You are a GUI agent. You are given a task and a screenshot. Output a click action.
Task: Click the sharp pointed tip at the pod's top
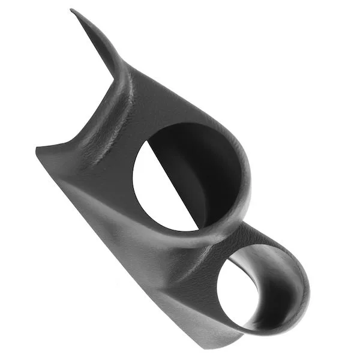(x=73, y=11)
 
